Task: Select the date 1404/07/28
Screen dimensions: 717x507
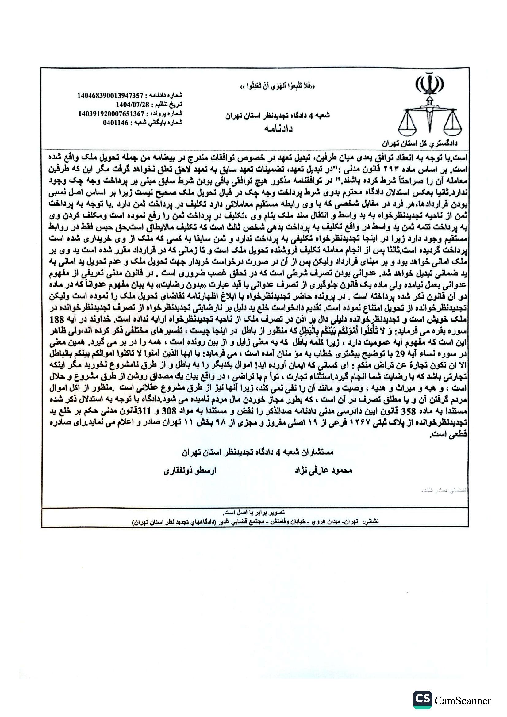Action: coord(132,104)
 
